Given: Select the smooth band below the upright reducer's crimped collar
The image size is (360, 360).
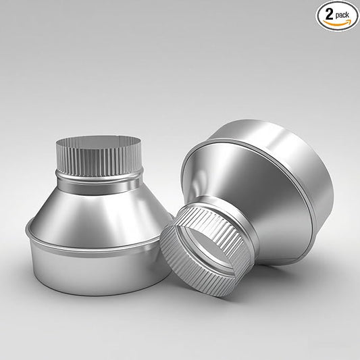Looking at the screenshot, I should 98,181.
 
